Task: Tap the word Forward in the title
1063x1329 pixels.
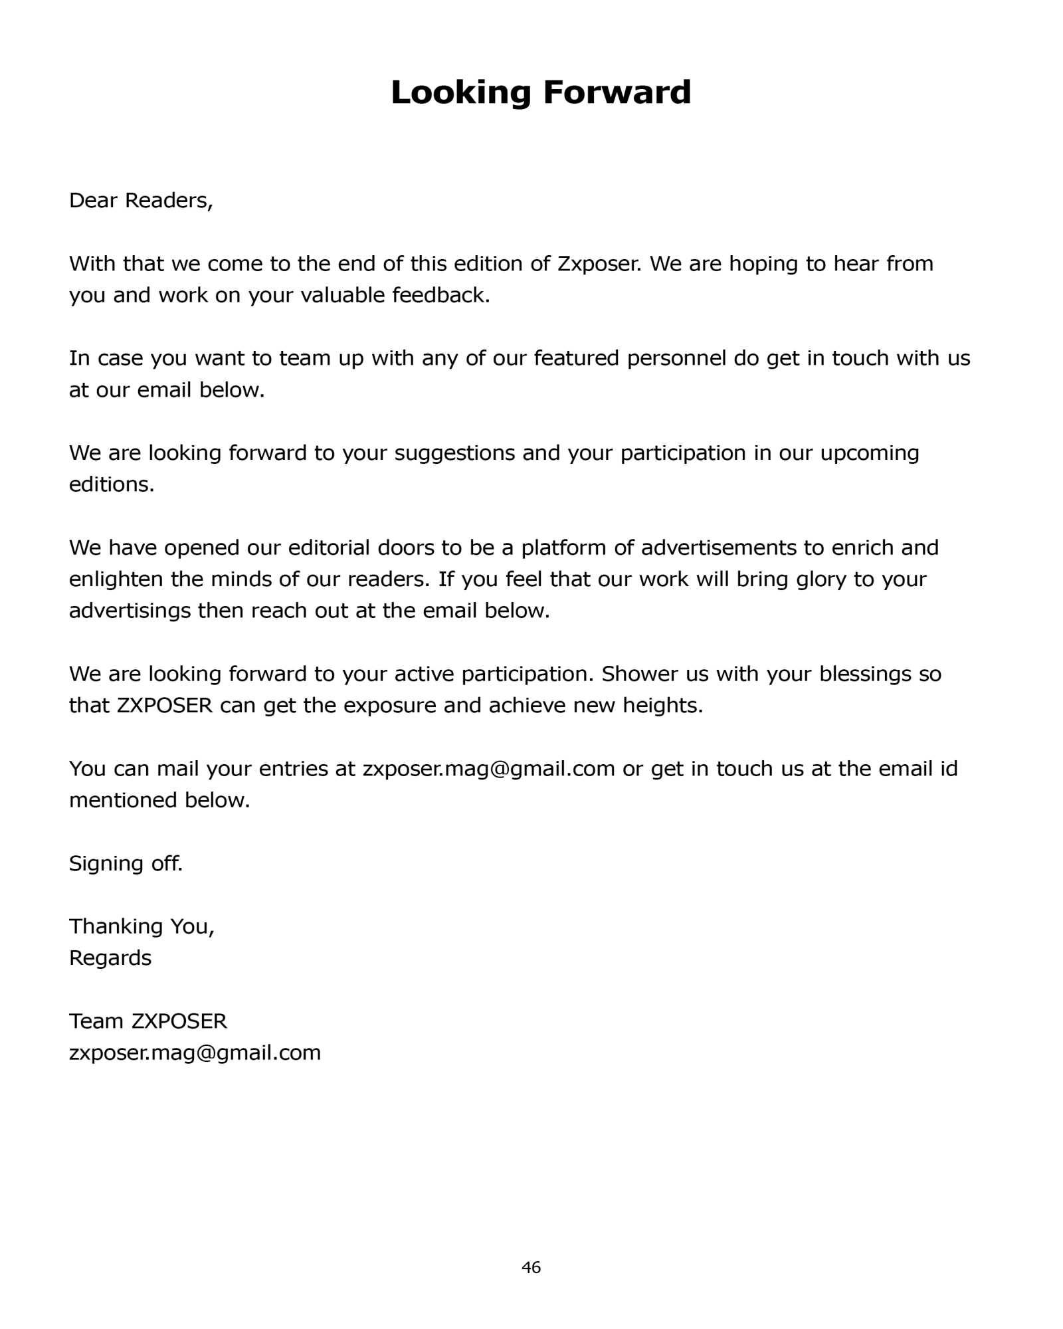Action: [x=617, y=92]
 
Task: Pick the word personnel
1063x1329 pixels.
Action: [x=676, y=358]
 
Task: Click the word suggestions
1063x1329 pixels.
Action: [x=454, y=453]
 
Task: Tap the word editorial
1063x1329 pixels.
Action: [x=328, y=548]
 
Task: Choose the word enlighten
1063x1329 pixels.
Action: [x=116, y=579]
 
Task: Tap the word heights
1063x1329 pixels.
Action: [x=662, y=706]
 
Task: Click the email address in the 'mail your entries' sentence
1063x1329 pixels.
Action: [x=488, y=769]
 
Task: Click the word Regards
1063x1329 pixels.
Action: [x=110, y=958]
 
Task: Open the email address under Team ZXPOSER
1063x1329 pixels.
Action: [x=195, y=1053]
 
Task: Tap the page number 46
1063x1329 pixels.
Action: [x=531, y=1268]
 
